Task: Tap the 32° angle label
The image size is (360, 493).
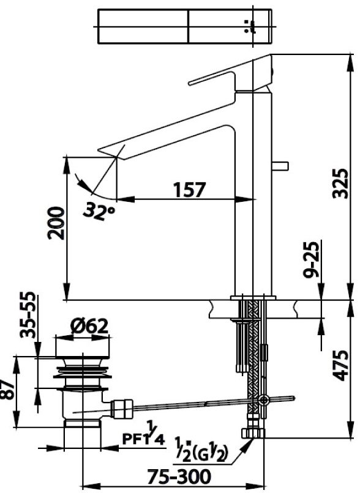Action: [100, 212]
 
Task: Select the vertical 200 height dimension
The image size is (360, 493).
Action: [56, 224]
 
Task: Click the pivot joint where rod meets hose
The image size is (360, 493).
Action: [264, 401]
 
